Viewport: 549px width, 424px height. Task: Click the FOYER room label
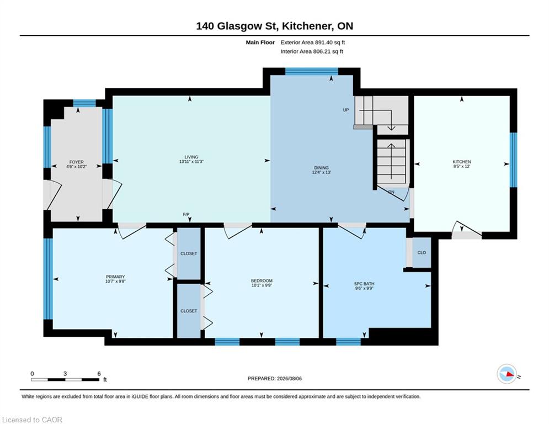[76, 162]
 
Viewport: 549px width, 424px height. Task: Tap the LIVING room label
[191, 157]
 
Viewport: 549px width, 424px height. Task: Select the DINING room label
[322, 168]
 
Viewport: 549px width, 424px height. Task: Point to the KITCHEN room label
[462, 162]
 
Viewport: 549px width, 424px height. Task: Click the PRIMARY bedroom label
[115, 277]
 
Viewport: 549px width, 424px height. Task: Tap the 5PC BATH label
[364, 284]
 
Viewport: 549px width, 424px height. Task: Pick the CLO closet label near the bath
[422, 253]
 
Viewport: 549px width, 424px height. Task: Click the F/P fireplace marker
[186, 214]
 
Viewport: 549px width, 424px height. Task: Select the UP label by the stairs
[346, 110]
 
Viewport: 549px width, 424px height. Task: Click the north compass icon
[507, 374]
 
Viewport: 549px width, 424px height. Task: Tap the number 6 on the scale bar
[99, 374]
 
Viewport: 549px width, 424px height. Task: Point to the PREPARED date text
[275, 378]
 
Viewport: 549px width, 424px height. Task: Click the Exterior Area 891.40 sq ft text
[313, 43]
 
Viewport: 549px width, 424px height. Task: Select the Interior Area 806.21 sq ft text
[312, 51]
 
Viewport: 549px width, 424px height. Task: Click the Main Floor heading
[260, 43]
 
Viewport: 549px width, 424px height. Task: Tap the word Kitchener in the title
[307, 26]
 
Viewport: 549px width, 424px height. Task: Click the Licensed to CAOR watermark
[32, 420]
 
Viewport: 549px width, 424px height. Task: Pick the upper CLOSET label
[189, 254]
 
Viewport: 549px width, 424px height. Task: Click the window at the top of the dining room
[312, 71]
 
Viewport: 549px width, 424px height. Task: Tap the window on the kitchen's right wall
[513, 160]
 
